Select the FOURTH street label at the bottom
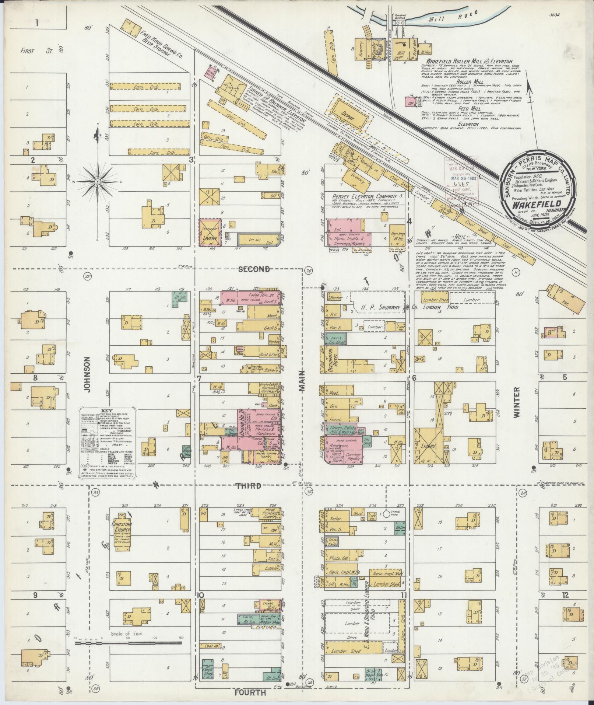pos(250,692)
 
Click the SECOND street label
pos(254,269)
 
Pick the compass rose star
pos(98,182)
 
